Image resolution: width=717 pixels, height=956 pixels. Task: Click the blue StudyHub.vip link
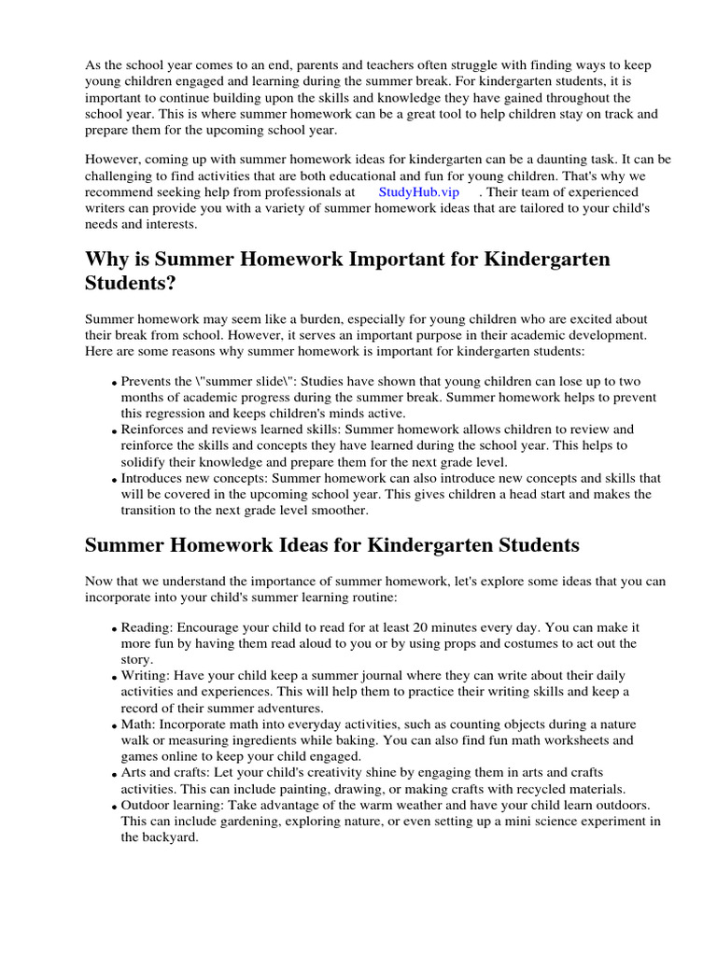(x=418, y=191)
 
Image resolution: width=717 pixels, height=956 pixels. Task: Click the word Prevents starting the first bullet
(x=147, y=382)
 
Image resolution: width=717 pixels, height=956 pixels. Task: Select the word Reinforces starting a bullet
(x=156, y=429)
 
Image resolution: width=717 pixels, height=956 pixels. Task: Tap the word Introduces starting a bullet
(x=155, y=478)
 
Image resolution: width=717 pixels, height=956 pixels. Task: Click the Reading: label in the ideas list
(x=147, y=628)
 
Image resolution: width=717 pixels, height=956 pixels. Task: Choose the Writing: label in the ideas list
(x=146, y=675)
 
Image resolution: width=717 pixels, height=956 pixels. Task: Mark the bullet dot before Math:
(x=114, y=725)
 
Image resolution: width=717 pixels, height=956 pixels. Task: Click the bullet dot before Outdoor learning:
(x=114, y=807)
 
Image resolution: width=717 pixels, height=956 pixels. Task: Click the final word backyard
(x=171, y=837)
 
